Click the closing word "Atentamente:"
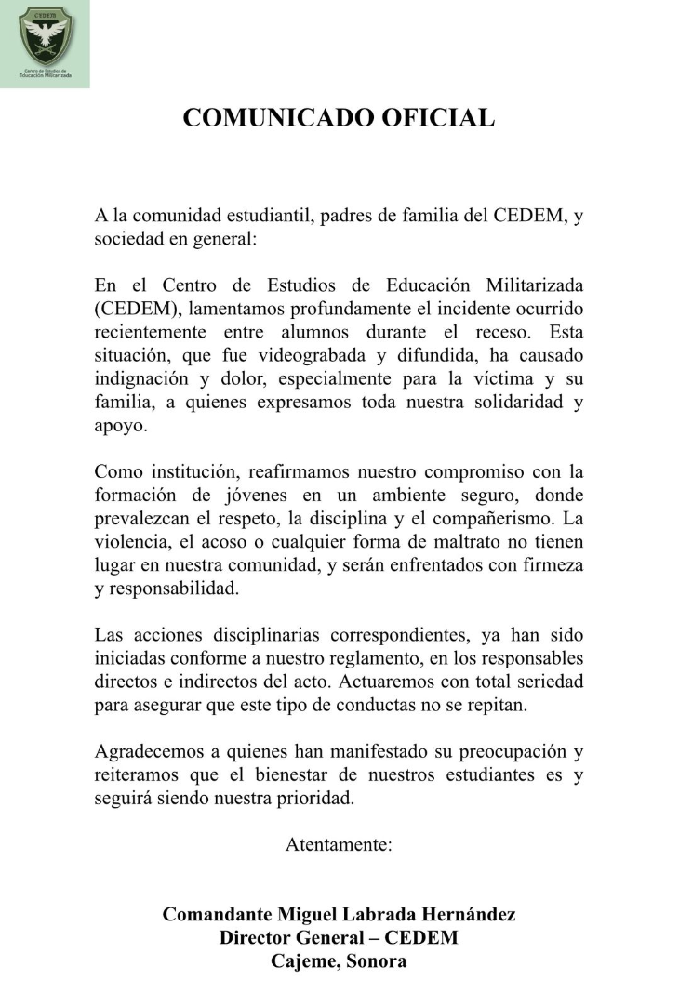pyautogui.click(x=339, y=845)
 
